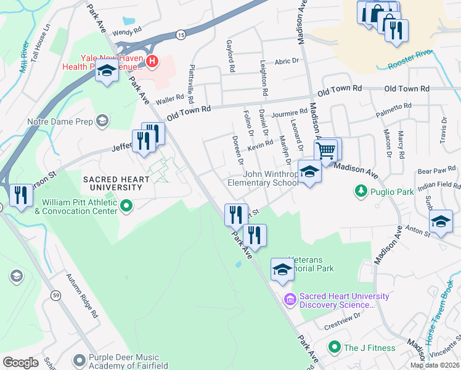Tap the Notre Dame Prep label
tap(60, 121)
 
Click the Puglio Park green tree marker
tap(361, 192)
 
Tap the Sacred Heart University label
tap(117, 183)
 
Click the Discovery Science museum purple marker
tap(290, 300)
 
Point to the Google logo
tap(20, 362)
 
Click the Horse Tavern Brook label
tap(447, 315)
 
